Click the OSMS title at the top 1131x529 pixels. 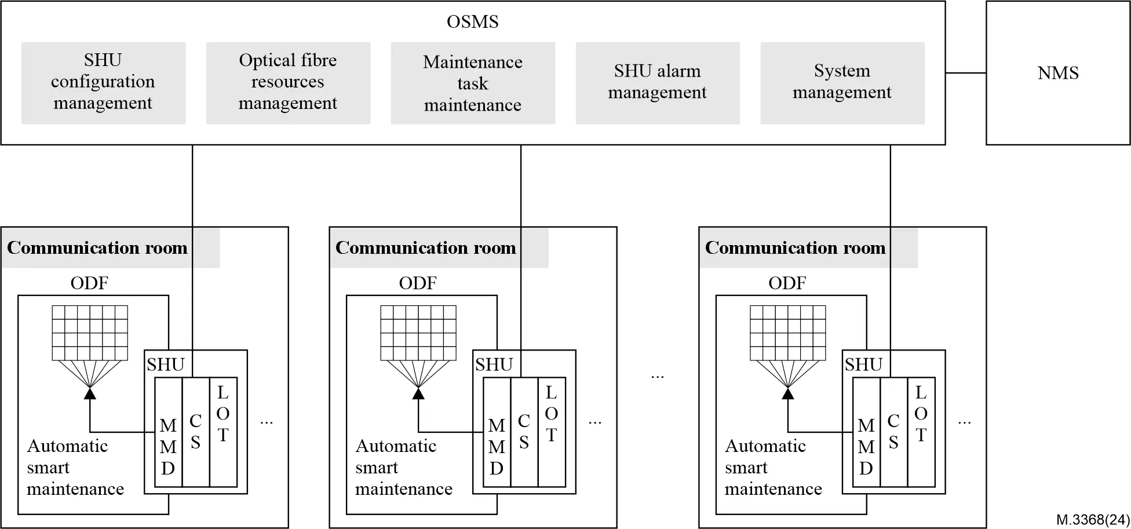472,22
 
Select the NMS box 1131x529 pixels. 1057,73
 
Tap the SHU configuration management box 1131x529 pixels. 103,82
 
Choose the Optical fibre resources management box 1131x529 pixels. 288,82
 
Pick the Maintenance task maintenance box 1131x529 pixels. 473,83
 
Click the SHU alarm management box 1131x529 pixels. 657,82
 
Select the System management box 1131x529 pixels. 842,82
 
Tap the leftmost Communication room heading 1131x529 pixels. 97,248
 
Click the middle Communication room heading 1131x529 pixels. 426,248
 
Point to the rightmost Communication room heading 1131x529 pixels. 795,248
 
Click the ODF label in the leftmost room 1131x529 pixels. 89,283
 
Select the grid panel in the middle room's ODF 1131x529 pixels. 418,333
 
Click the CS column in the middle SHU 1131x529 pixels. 524,432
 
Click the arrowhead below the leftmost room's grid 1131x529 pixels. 90,394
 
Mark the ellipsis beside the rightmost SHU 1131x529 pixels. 964,422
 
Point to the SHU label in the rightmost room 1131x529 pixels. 863,365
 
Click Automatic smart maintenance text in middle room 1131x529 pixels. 403,468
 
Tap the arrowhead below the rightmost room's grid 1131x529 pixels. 788,394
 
